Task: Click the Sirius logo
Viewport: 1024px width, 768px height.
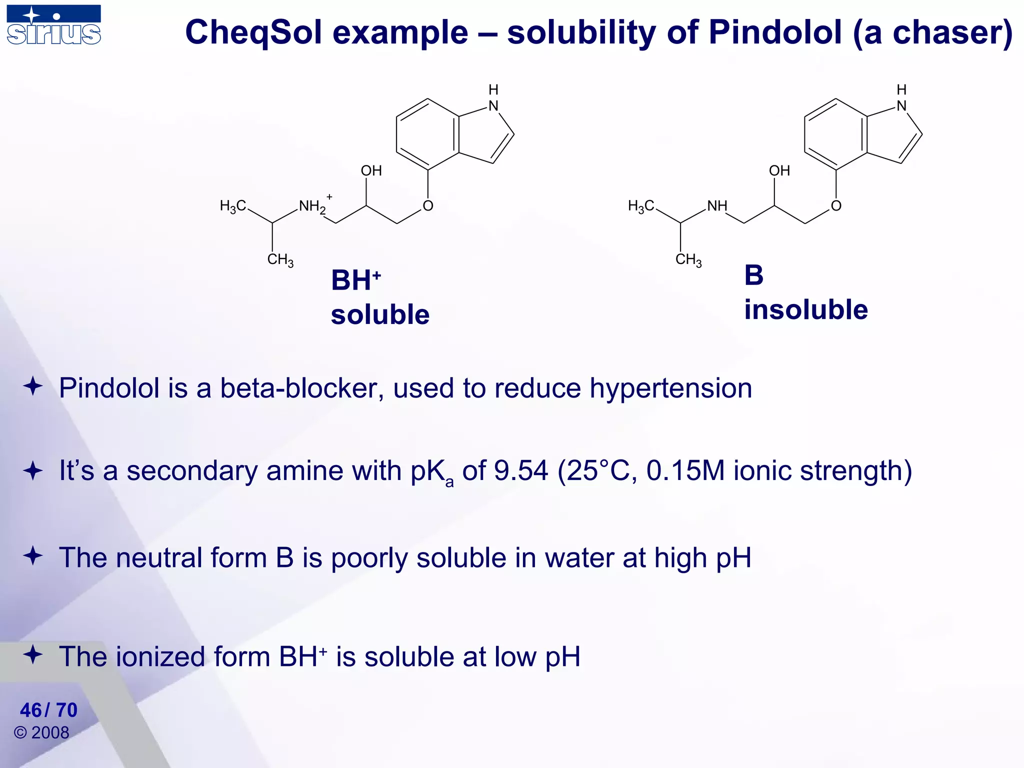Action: [54, 25]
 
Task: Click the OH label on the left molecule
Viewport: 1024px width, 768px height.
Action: [371, 171]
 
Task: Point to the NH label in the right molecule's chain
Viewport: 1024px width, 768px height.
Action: [717, 206]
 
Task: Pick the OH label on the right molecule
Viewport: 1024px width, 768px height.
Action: [779, 171]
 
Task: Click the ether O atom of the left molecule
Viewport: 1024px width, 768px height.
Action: [428, 206]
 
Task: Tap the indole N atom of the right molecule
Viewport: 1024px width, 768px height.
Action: [901, 106]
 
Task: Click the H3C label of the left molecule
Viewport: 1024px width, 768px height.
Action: [233, 206]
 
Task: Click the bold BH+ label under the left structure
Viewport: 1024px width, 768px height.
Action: [355, 280]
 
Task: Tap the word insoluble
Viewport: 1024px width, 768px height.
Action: [805, 309]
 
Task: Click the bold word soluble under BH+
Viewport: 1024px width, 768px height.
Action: [380, 314]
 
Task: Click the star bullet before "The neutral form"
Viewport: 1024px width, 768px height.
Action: [33, 556]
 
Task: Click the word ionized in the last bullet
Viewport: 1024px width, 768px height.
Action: [160, 656]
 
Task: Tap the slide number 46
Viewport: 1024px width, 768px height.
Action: [31, 710]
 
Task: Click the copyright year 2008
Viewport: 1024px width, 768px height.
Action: [50, 732]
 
